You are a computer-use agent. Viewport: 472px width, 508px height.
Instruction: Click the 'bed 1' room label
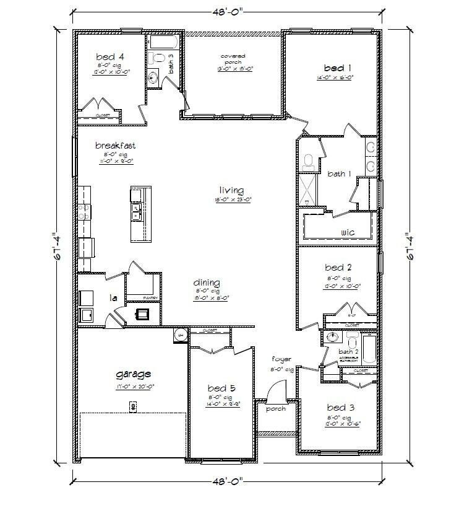(337, 67)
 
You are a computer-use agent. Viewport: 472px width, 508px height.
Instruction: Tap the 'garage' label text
(134, 374)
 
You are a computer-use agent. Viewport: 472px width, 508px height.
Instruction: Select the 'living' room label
(231, 190)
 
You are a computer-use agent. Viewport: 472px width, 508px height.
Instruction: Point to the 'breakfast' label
(115, 146)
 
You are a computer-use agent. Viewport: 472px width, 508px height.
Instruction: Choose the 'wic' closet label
(347, 232)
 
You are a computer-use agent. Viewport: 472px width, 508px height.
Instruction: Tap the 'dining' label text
(206, 283)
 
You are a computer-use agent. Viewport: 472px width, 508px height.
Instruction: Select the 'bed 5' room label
(220, 388)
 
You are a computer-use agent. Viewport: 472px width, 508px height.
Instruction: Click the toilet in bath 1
(309, 162)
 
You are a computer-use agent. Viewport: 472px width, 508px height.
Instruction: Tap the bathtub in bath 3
(165, 42)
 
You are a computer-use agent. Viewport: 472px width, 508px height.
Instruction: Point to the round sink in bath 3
(153, 77)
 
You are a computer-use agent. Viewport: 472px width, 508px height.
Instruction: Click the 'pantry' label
(152, 298)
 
